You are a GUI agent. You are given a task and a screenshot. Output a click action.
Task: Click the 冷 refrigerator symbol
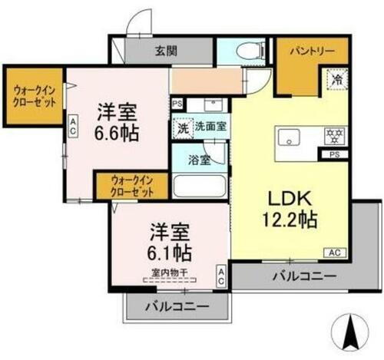point(336,78)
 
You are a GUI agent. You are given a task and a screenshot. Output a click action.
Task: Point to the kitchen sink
point(291,139)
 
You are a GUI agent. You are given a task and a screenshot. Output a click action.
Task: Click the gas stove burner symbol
point(333,136)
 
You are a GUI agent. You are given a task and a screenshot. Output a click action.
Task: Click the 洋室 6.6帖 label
point(118,122)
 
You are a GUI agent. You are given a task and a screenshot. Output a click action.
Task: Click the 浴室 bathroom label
point(201,162)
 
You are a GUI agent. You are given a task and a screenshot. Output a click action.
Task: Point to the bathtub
point(200,187)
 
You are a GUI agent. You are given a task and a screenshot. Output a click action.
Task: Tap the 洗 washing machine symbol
point(182,127)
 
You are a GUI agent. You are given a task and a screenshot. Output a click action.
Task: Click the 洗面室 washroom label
point(209,127)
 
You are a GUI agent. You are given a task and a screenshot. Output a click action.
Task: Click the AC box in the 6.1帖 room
point(220,277)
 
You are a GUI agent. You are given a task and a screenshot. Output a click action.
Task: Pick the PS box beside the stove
point(333,154)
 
